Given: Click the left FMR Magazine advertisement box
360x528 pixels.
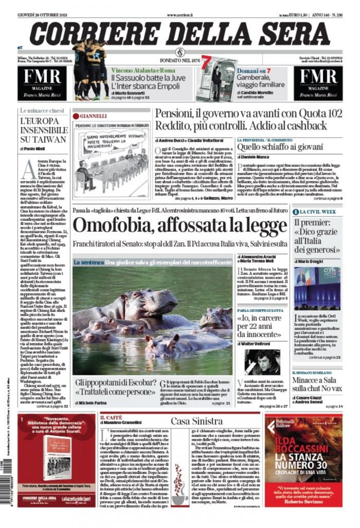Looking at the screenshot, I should (44, 83).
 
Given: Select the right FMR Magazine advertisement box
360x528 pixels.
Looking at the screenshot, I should (317, 83).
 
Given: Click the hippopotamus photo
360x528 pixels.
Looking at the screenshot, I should (152, 321).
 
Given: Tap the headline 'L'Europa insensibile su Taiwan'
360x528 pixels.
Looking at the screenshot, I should (43, 131).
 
